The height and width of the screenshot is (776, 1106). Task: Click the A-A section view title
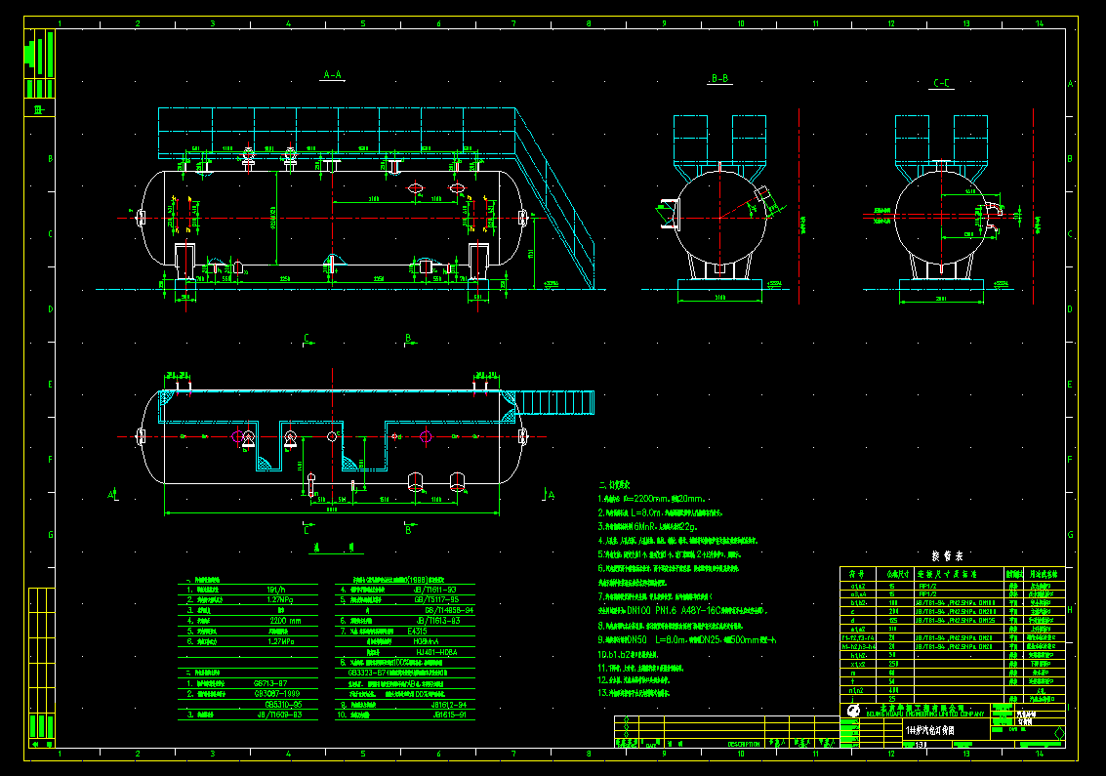coord(333,74)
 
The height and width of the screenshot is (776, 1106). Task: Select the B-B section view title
coord(720,78)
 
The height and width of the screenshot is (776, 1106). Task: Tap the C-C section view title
coord(942,83)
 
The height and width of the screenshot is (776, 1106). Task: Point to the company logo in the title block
coord(853,712)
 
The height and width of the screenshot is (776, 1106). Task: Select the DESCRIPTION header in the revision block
coord(747,744)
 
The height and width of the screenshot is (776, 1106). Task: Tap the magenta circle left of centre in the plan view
coord(237,436)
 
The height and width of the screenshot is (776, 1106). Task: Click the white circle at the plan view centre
coord(332,436)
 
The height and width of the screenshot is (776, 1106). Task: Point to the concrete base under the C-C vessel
coord(940,290)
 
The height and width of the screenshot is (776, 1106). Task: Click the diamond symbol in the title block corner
coord(1059,734)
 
